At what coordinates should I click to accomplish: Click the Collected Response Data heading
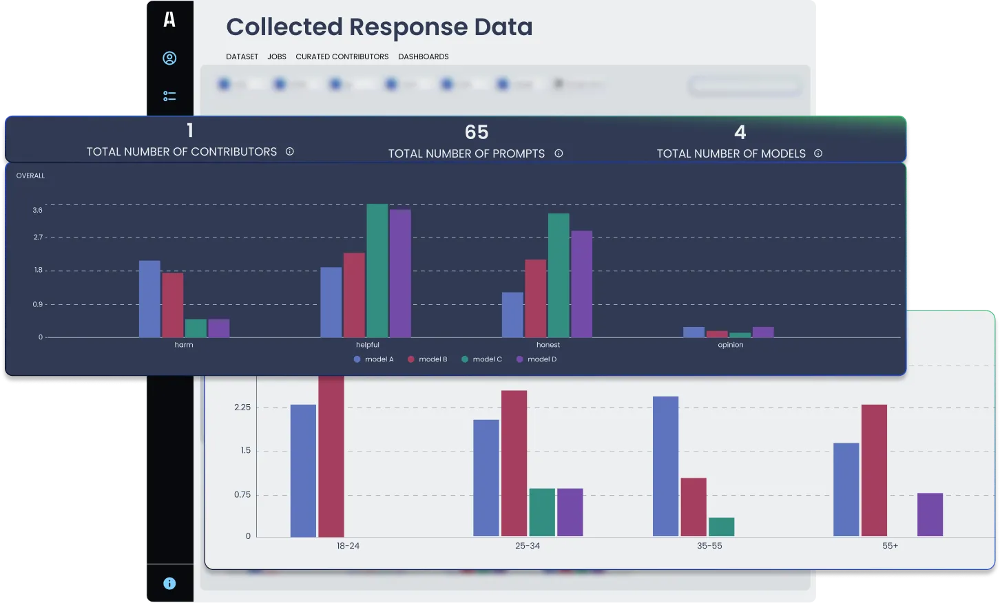coord(379,27)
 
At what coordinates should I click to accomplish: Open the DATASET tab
coord(242,56)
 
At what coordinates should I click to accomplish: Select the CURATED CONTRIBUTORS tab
coord(342,56)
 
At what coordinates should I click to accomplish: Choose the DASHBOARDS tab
coord(423,56)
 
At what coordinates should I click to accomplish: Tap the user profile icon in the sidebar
coord(169,59)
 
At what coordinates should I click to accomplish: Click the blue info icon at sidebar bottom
coord(169,583)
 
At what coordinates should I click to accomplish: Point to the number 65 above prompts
coord(476,132)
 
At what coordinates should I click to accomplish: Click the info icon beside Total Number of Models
coord(818,154)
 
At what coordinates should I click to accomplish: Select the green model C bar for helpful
coord(377,271)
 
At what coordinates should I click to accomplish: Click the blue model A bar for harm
coord(149,299)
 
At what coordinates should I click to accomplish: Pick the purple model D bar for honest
coord(581,284)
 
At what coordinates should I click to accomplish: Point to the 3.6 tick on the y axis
coord(37,210)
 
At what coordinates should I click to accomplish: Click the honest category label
coord(548,345)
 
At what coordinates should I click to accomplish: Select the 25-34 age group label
coord(528,546)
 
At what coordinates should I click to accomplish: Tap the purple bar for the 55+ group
coord(930,514)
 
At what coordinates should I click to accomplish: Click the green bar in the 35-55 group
coord(721,527)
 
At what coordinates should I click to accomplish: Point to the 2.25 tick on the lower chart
coord(242,408)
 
